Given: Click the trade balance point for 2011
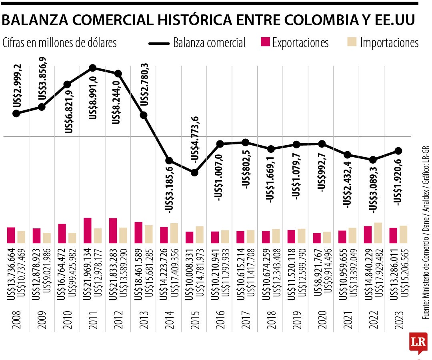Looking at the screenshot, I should point(93,68).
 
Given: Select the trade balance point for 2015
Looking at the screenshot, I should point(194,173).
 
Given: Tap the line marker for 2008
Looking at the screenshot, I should point(16,114).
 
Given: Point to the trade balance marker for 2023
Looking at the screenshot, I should point(398,151).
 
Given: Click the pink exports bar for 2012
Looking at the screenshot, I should point(113,230).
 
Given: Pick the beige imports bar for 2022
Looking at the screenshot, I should point(378,233).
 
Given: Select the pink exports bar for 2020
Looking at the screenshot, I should point(317,238).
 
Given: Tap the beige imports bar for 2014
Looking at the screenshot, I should point(174,233).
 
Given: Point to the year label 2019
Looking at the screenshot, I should point(297,318).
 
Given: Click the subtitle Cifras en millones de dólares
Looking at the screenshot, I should point(60,43).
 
